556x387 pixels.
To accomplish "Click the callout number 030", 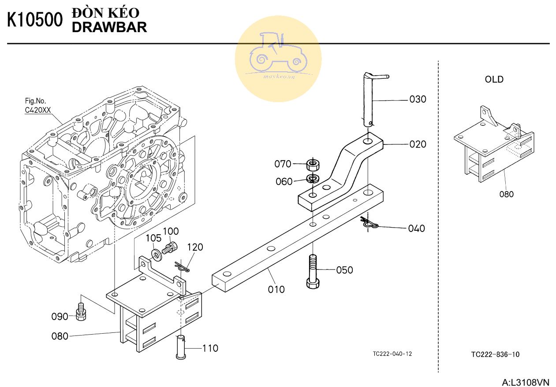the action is [x=418, y=99].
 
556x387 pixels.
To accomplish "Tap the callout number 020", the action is [x=418, y=144].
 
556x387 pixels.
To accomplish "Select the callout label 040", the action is [x=417, y=229].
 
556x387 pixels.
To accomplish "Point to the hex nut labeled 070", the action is [x=313, y=164].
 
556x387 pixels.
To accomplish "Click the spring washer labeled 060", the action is [x=313, y=178].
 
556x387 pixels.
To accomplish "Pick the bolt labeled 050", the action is [x=313, y=272].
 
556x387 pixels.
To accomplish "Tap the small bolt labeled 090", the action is [x=81, y=312].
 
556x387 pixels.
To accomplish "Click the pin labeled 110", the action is [x=181, y=347].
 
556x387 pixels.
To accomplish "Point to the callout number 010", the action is [x=276, y=289].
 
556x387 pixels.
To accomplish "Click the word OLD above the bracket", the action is [x=494, y=79].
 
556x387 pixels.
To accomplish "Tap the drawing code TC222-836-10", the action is [x=495, y=354].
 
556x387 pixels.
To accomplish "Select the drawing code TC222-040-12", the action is [x=392, y=354].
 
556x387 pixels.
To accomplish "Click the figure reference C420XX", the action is [x=38, y=110].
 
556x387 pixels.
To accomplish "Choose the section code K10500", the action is [x=35, y=20].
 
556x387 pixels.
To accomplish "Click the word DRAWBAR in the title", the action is [x=109, y=27].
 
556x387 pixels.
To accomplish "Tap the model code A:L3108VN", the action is [x=526, y=382].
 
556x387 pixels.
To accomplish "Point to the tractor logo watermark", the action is [x=278, y=59].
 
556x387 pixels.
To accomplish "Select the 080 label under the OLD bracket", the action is [x=506, y=194].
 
